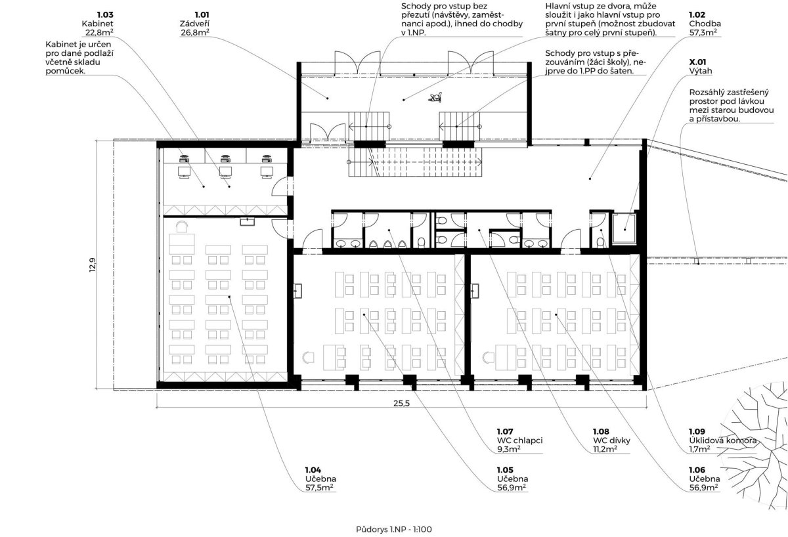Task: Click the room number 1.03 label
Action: pos(105,14)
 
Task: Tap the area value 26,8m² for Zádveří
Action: pos(195,33)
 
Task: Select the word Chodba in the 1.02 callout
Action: pos(705,24)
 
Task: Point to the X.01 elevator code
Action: pos(697,62)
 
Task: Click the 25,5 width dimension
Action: pos(401,403)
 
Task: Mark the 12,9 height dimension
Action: pos(92,265)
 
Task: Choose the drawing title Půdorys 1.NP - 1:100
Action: pos(393,529)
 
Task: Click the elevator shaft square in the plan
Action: pos(624,229)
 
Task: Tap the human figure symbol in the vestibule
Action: pos(435,97)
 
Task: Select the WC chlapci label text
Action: pos(519,440)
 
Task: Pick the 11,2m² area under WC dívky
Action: pos(604,449)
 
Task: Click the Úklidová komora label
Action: pos(722,440)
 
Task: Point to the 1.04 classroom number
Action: pos(313,470)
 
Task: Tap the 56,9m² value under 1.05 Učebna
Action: pos(512,487)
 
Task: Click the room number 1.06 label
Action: pos(697,470)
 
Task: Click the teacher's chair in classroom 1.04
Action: pos(181,227)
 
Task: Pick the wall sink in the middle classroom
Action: pos(297,291)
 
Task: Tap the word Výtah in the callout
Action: pos(701,71)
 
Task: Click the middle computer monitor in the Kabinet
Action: pos(225,172)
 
